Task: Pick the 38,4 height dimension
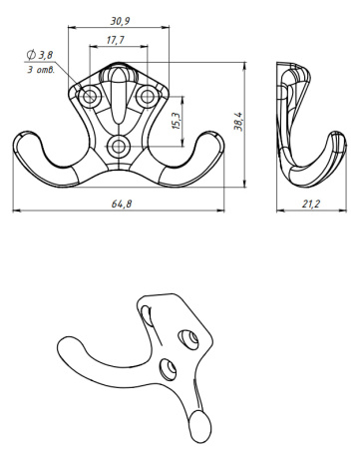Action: click(x=237, y=122)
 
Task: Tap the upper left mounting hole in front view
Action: click(x=92, y=97)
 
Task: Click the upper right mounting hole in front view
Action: click(x=148, y=97)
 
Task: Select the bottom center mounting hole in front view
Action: click(x=121, y=147)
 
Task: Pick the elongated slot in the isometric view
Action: click(x=149, y=317)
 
